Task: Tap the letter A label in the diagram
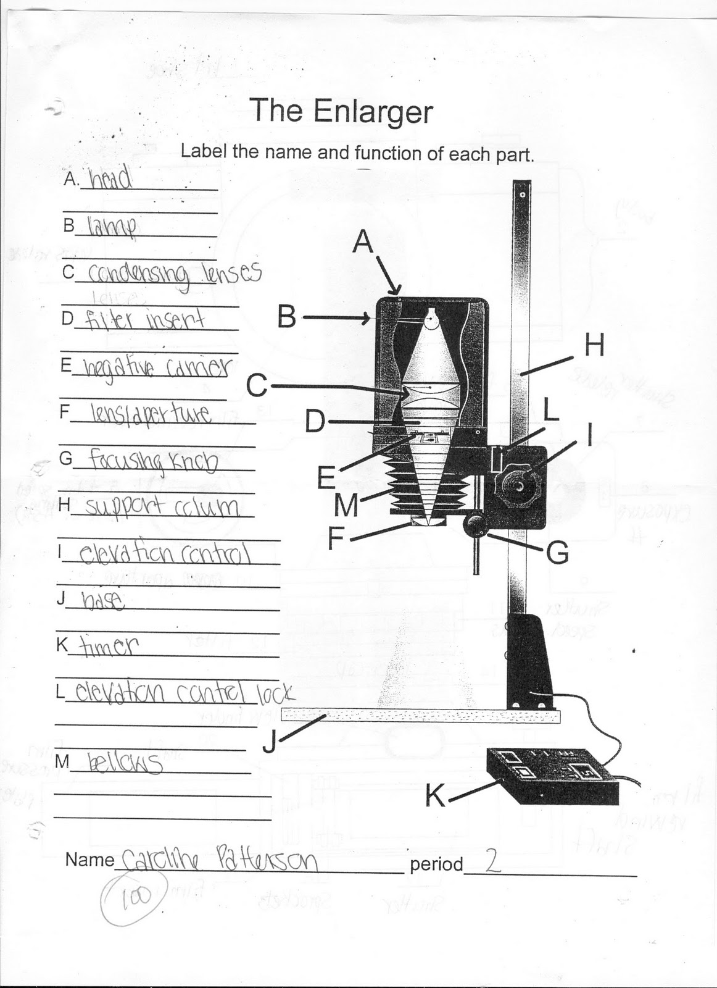363,242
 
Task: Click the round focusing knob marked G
476,525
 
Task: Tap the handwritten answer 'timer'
106,646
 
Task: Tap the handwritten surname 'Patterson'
268,861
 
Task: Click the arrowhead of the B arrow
367,319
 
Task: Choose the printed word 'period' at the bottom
436,864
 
